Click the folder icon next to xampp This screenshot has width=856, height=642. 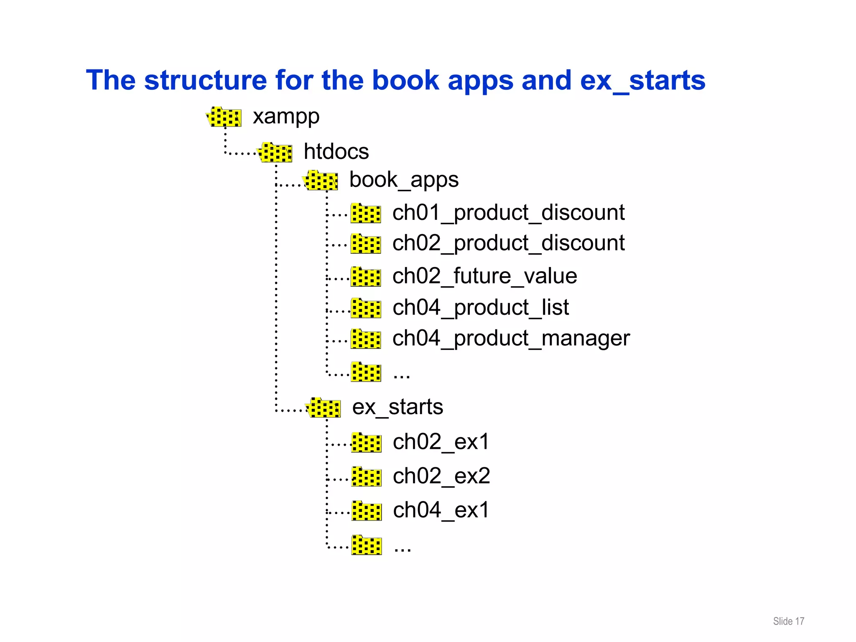pyautogui.click(x=224, y=117)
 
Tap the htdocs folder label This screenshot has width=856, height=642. pyautogui.click(x=336, y=151)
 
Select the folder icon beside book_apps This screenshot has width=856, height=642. pyautogui.click(x=321, y=181)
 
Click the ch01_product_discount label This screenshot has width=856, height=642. pyautogui.click(x=508, y=212)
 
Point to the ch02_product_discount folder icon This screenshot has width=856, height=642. pyautogui.click(x=366, y=244)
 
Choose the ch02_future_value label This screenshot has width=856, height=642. pyautogui.click(x=484, y=276)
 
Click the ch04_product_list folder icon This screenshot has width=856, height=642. pyautogui.click(x=366, y=308)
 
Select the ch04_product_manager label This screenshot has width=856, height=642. pyautogui.click(x=511, y=338)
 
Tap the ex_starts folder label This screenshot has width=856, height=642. pyautogui.click(x=397, y=407)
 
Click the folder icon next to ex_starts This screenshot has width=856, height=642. pyautogui.click(x=324, y=408)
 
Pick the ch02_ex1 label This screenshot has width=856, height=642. pyautogui.click(x=441, y=442)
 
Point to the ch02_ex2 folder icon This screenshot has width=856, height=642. pyautogui.click(x=366, y=476)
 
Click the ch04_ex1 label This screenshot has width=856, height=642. pyautogui.click(x=441, y=510)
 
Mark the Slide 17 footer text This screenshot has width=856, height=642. pyautogui.click(x=788, y=621)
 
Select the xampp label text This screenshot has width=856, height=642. pyautogui.click(x=286, y=116)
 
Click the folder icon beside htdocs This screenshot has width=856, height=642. pyautogui.click(x=275, y=152)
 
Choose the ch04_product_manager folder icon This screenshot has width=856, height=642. pyautogui.click(x=366, y=339)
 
